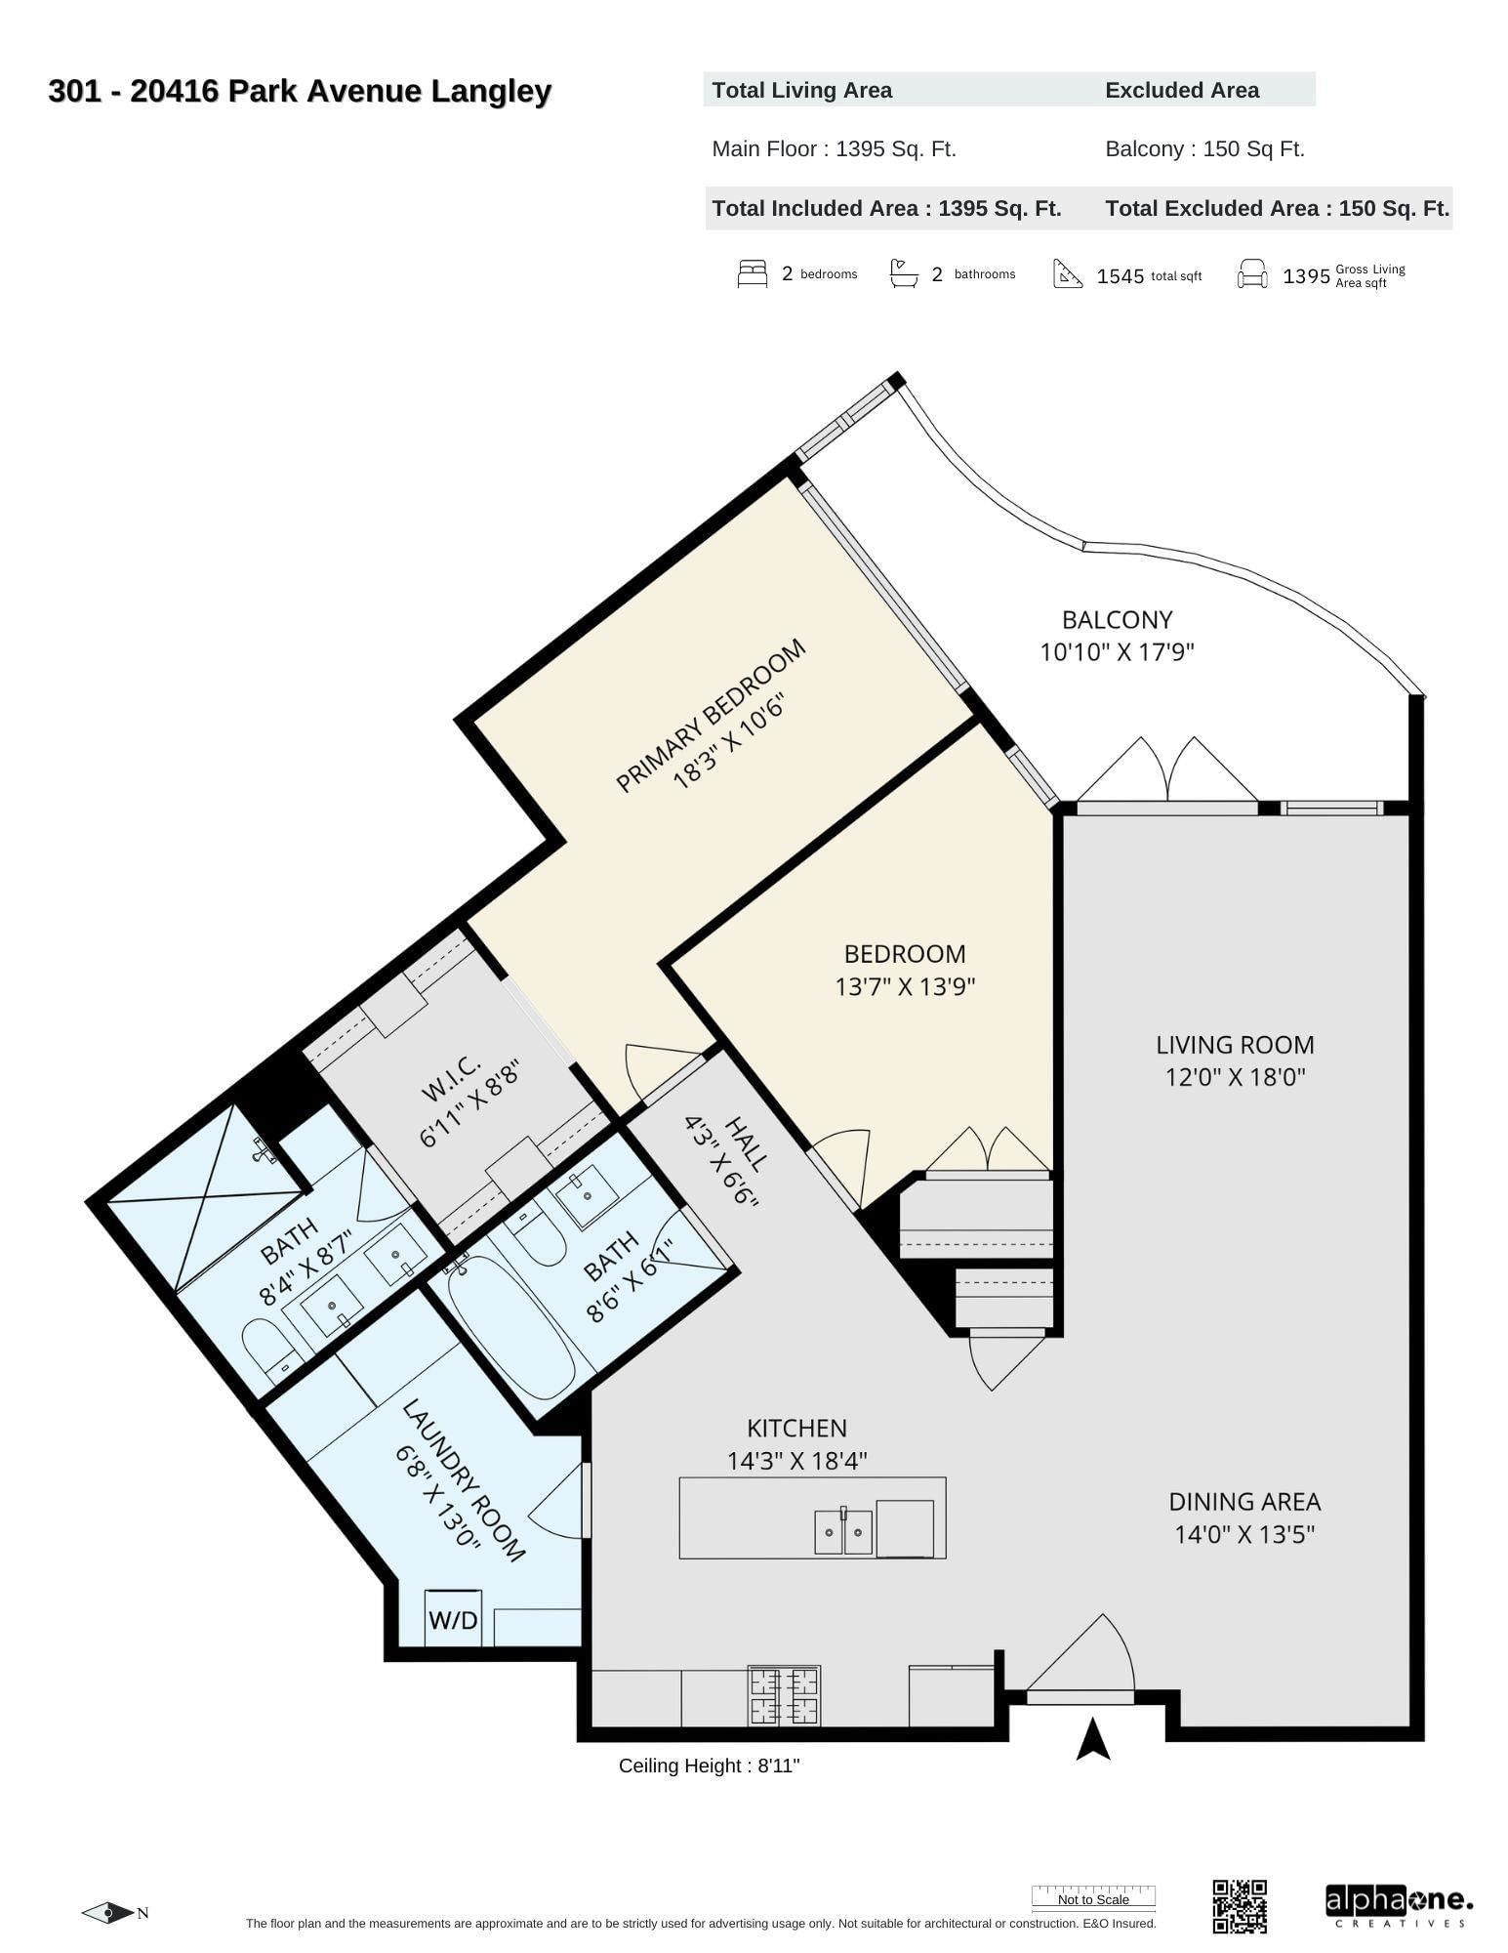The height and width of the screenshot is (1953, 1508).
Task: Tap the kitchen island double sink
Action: pos(843,1531)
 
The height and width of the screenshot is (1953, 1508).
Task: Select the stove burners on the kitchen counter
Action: pos(784,1696)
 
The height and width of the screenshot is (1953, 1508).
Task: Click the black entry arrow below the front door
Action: pos(1093,1740)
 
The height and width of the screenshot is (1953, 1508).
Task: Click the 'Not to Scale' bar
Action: pos(1093,1898)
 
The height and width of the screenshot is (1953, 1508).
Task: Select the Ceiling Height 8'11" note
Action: pos(709,1766)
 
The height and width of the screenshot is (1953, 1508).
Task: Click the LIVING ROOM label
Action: pos(1235,1045)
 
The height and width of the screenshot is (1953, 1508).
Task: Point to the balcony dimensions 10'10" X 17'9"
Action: pos(1117,651)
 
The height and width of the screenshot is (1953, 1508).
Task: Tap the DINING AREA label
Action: pos(1244,1502)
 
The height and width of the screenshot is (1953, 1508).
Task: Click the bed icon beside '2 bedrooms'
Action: pos(752,274)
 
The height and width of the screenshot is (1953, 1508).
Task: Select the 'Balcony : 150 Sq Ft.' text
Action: pos(1204,149)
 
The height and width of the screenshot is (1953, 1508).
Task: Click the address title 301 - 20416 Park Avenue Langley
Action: pos(300,92)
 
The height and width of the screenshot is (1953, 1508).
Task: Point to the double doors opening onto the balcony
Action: pos(1167,771)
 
